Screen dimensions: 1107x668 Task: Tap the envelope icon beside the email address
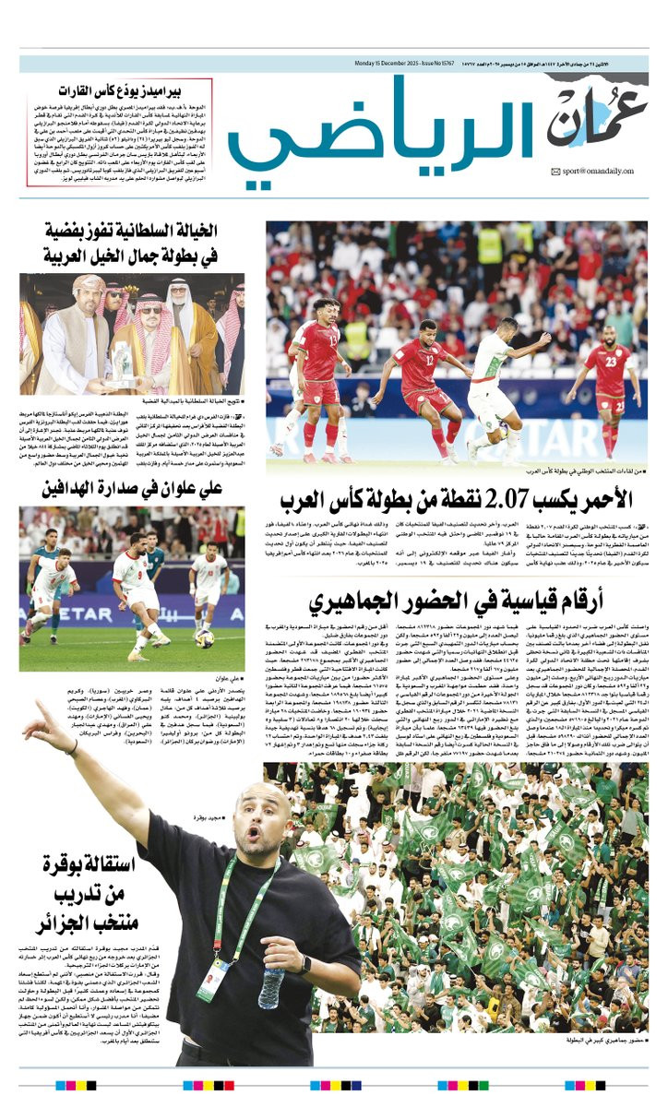pyautogui.click(x=555, y=171)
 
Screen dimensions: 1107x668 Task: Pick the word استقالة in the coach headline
pyautogui.click(x=91, y=864)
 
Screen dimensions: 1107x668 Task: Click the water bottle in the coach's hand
pyautogui.click(x=270, y=986)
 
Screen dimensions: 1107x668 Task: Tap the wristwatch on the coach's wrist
pyautogui.click(x=304, y=965)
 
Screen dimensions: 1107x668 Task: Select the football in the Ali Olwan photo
pyautogui.click(x=204, y=637)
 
